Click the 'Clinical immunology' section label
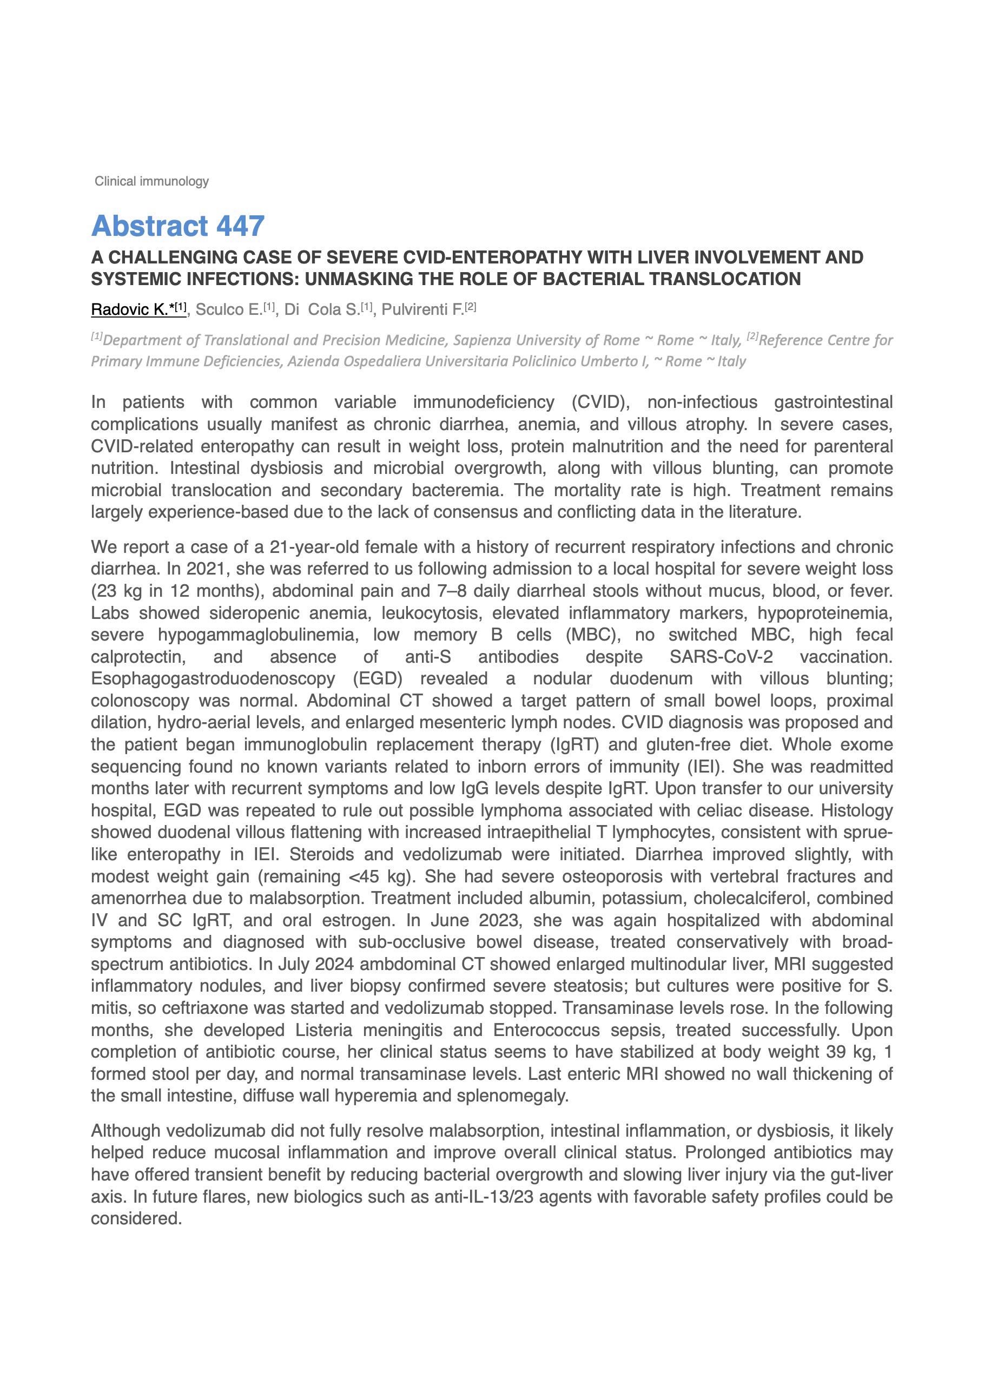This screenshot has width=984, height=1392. coord(151,181)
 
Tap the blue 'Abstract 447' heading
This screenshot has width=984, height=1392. coord(177,226)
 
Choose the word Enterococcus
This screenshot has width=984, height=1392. coord(546,1030)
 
